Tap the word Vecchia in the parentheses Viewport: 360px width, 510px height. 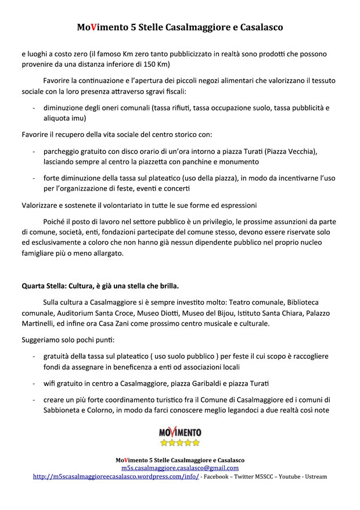pyautogui.click(x=300, y=151)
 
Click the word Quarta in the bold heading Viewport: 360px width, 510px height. pyautogui.click(x=35, y=286)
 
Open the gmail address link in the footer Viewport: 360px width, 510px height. pyautogui.click(x=180, y=468)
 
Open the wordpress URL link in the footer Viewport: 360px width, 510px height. pyautogui.click(x=116, y=476)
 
